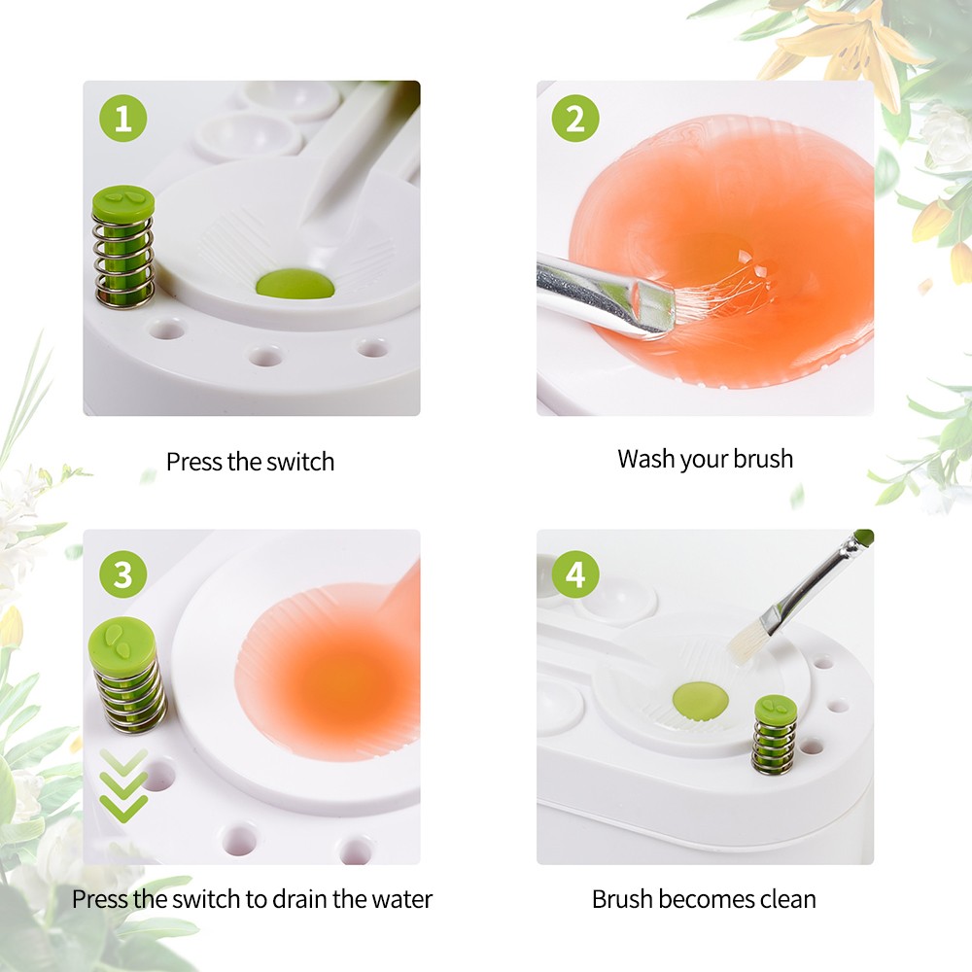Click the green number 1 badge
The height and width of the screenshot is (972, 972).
pos(122,121)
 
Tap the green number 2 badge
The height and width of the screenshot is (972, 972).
pos(575,121)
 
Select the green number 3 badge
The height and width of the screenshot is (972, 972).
pos(122,574)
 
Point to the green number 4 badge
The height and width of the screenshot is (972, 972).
pos(575,574)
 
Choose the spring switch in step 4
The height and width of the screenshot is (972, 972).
pos(774,734)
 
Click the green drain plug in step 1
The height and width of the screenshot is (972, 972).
pos(295,285)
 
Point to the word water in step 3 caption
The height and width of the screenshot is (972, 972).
pos(399,898)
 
